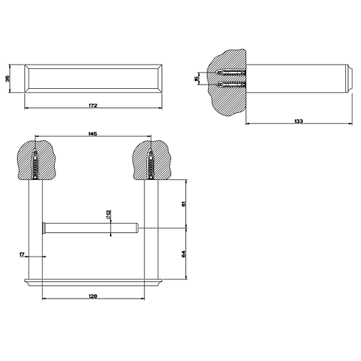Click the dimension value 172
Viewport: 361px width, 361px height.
[x=93, y=105]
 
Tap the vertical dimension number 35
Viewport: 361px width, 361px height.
[x=7, y=78]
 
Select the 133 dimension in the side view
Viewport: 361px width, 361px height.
[x=298, y=121]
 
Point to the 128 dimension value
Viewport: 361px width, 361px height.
[x=93, y=296]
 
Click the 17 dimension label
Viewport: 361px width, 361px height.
[x=22, y=254]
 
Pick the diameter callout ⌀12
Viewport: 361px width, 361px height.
[x=109, y=215]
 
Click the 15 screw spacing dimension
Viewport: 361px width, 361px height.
[x=196, y=78]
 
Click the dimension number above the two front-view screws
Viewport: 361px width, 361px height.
[x=92, y=134]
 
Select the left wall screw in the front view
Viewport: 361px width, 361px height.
[x=35, y=164]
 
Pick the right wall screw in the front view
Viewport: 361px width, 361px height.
[x=151, y=164]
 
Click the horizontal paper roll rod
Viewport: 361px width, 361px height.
[x=90, y=228]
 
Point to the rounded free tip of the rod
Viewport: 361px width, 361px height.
[x=137, y=228]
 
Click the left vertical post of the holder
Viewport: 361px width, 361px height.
[x=36, y=230]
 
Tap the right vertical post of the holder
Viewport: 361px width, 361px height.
[x=151, y=230]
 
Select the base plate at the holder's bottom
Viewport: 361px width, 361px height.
[x=94, y=282]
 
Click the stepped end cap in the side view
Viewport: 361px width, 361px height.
[x=350, y=78]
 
